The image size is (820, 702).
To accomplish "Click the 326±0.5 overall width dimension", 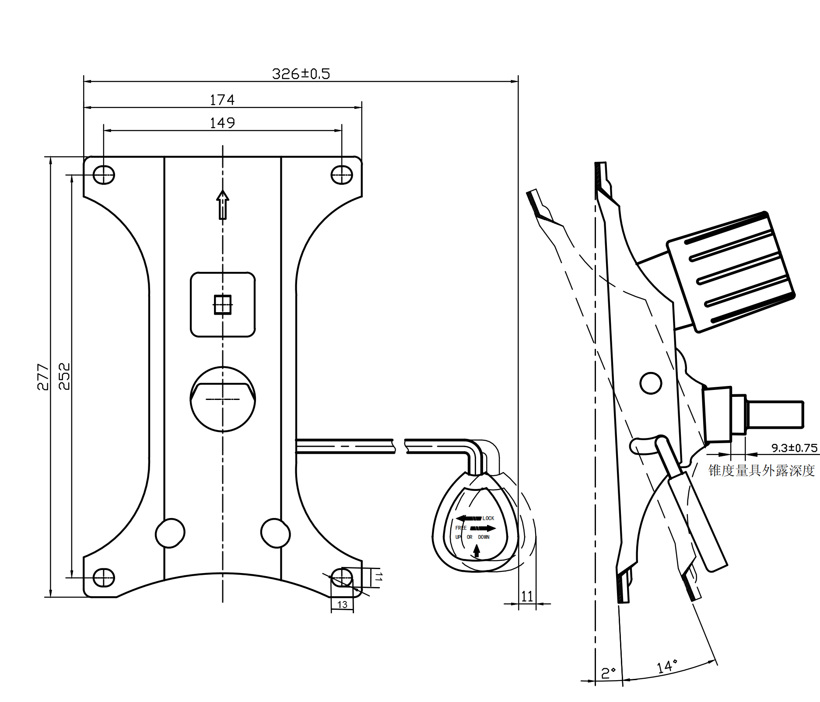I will [301, 73].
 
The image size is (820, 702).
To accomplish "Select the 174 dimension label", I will [222, 100].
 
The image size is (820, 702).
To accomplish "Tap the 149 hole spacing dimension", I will [222, 123].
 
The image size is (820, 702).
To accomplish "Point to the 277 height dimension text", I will [42, 376].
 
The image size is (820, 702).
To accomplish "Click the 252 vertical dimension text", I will [64, 376].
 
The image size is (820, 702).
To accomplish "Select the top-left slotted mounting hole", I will [104, 175].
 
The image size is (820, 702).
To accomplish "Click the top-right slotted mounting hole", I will [342, 175].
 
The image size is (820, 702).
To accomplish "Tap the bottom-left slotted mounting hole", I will [104, 577].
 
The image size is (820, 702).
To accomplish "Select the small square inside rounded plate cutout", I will [222, 305].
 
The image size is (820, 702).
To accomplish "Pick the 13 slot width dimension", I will [342, 605].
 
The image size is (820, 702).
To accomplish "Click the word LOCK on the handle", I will [488, 518].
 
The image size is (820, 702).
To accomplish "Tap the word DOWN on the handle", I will [484, 537].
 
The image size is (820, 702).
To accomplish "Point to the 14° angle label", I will [667, 666].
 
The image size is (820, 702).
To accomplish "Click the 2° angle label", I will [608, 673].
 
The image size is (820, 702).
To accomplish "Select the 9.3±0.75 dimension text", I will [794, 448].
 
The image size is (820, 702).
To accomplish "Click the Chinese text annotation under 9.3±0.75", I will [761, 470].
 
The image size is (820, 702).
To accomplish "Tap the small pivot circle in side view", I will [650, 383].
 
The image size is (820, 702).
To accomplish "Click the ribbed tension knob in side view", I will [731, 272].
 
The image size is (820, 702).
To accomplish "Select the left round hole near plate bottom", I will [170, 533].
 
